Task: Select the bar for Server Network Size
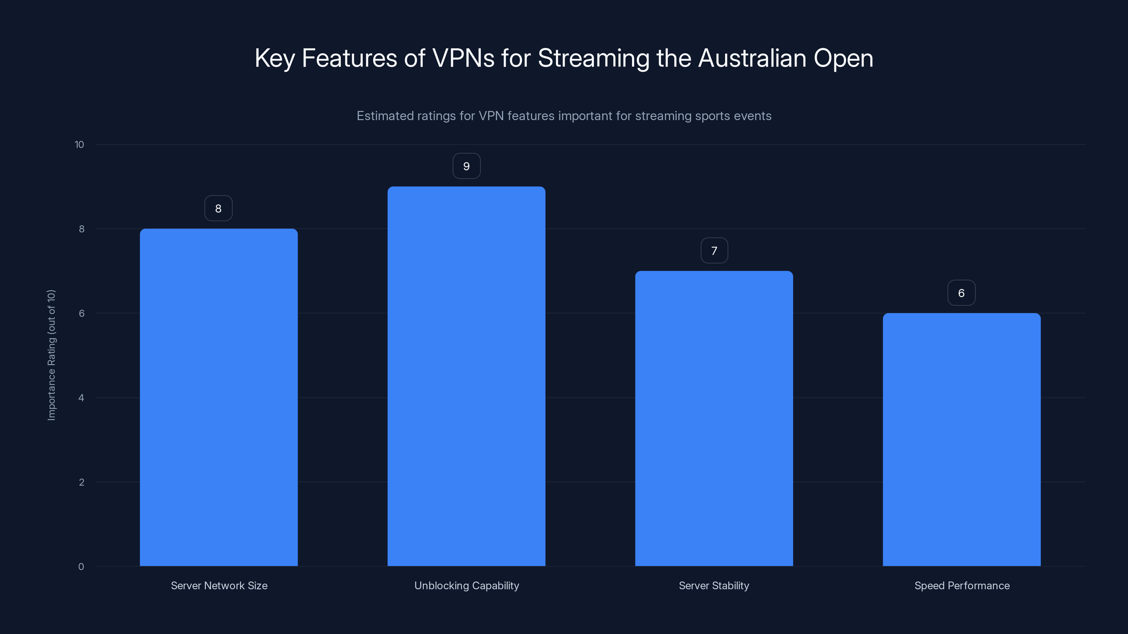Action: coord(219,397)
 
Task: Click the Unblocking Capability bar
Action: coord(466,376)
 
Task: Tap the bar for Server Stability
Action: coord(714,418)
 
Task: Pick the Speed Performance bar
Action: coord(962,439)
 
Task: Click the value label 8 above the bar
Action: coord(219,208)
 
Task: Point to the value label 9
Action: coord(466,166)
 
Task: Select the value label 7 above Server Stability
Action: coord(714,251)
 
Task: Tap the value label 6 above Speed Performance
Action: coord(961,293)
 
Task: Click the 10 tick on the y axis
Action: coord(79,145)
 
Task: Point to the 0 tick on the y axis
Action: coord(81,567)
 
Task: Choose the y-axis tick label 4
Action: coord(81,398)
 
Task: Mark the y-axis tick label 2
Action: coord(81,482)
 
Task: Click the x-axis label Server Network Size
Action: coord(219,585)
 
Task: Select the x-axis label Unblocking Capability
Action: coord(466,585)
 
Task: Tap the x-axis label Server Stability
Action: coord(714,585)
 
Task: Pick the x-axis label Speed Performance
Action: coord(962,585)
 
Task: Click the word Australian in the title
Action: coord(752,58)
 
